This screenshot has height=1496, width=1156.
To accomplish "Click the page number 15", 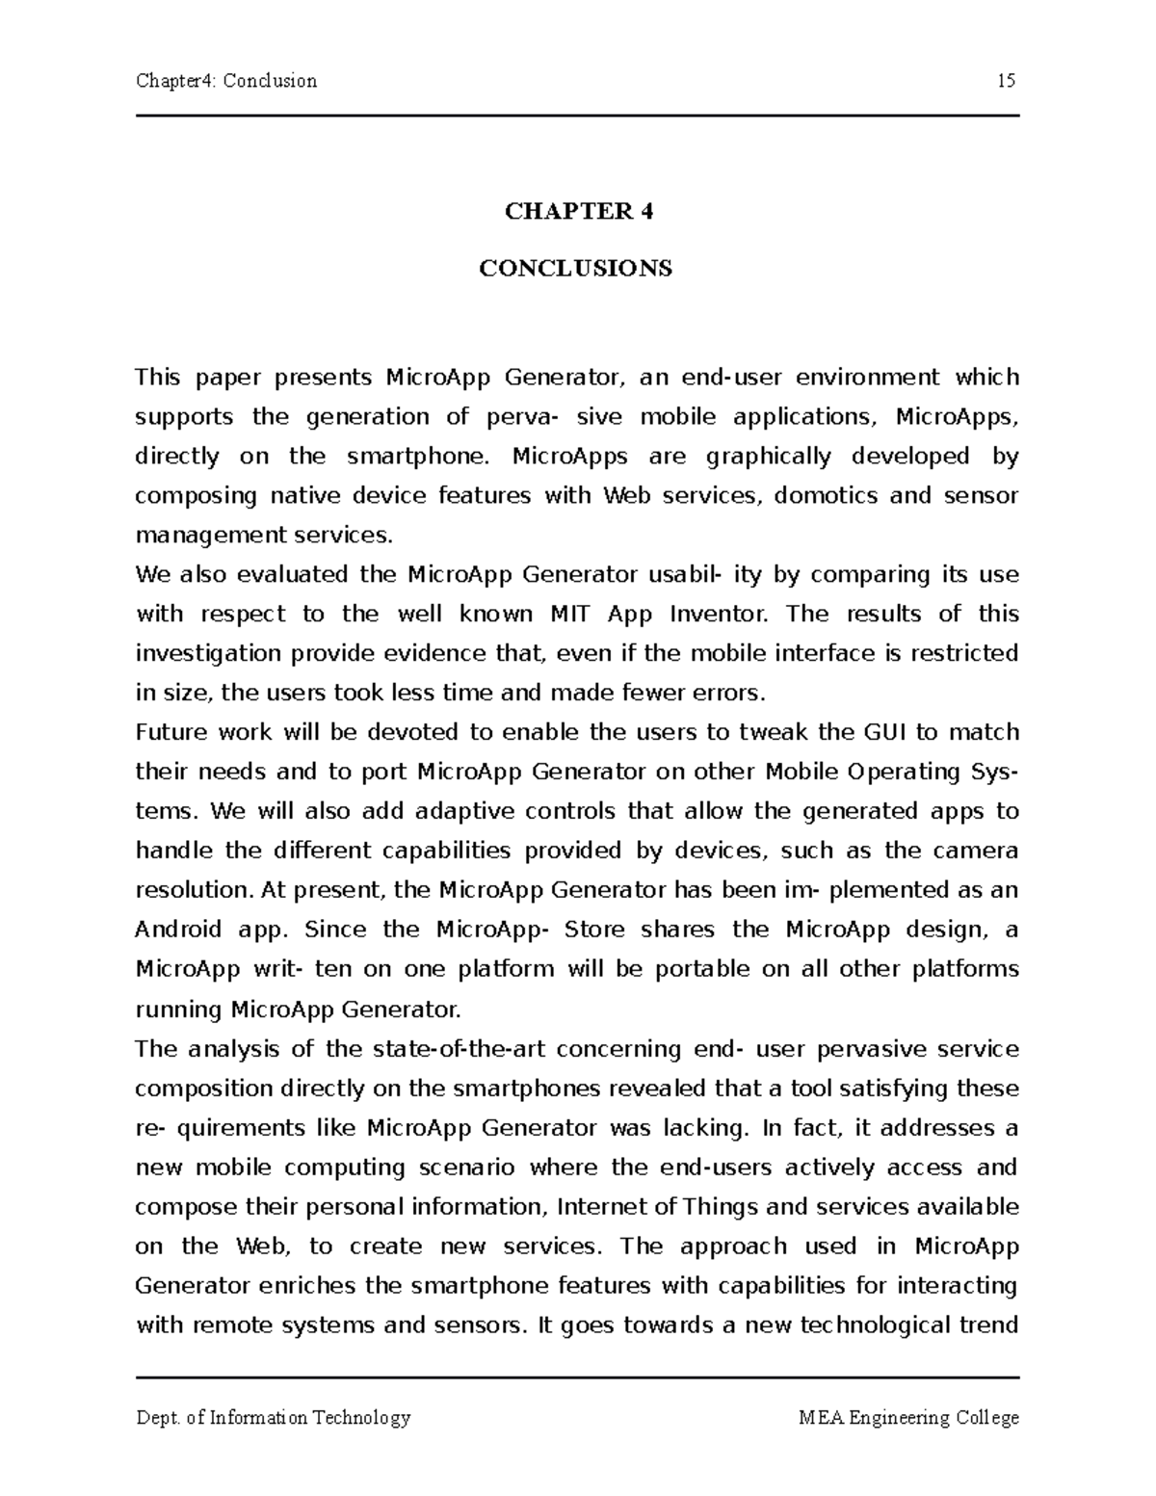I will coord(1007,81).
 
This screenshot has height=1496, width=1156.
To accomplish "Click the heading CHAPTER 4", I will coord(578,212).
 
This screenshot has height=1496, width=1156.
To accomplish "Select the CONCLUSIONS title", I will coord(576,269).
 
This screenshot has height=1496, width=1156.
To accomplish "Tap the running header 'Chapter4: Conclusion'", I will coord(226,81).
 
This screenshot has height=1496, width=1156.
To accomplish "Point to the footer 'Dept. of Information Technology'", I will coord(274,1418).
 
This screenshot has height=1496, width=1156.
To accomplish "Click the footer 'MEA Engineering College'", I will coord(908,1418).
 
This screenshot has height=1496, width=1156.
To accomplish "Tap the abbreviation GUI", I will coord(885,733).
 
